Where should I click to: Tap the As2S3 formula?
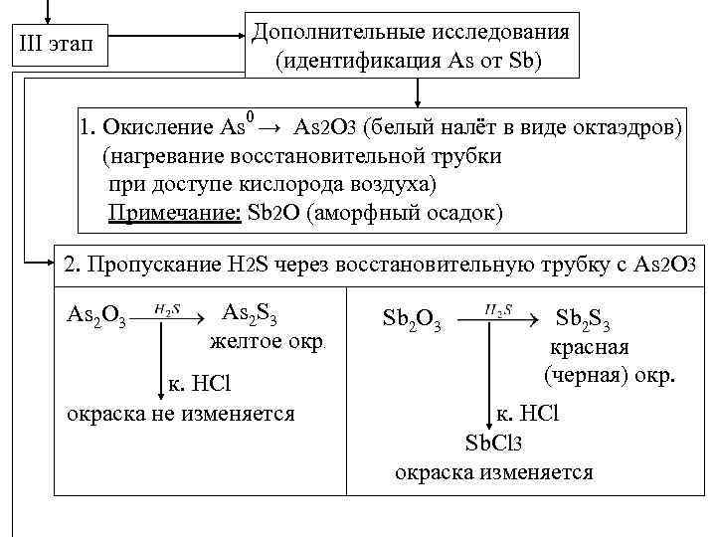(x=249, y=314)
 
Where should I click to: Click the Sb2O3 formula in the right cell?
(x=412, y=321)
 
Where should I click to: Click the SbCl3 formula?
(x=493, y=443)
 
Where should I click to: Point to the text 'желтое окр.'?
(x=265, y=343)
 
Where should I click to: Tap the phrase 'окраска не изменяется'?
(x=180, y=412)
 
